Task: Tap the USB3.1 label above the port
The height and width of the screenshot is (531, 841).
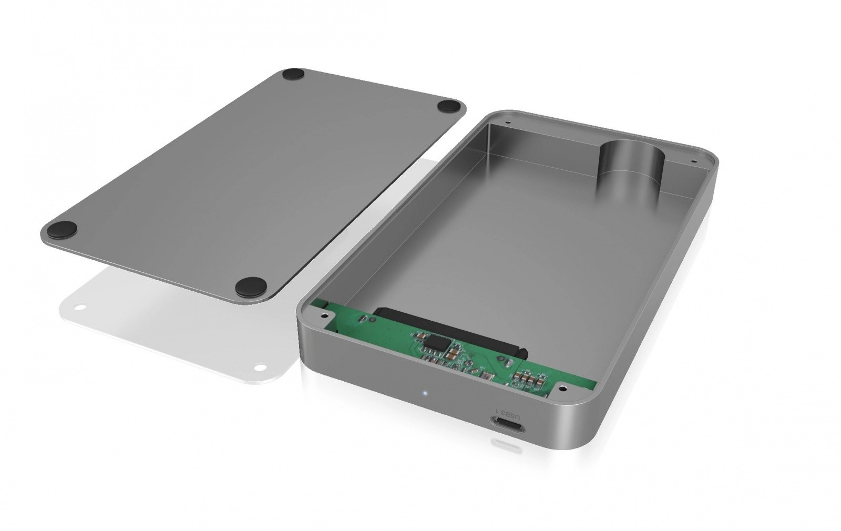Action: coord(509,415)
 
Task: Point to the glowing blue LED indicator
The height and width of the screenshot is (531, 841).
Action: coord(424,394)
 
